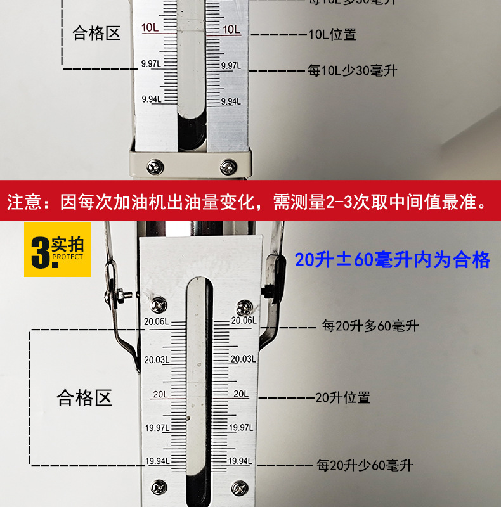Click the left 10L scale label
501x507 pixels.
click(151, 29)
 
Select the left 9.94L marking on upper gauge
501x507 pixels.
click(151, 99)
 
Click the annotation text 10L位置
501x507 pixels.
click(332, 34)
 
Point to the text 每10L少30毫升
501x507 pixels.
click(353, 70)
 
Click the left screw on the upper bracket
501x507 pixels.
click(153, 168)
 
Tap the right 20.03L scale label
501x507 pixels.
click(243, 359)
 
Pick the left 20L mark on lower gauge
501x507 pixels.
click(160, 394)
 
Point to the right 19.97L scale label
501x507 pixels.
click(242, 428)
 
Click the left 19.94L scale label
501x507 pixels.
click(157, 461)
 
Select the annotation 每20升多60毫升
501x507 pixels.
click(370, 326)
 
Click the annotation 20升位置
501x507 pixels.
click(342, 398)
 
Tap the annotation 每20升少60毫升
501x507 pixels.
click(365, 466)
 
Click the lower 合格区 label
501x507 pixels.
click(84, 398)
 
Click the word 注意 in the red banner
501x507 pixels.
click(23, 203)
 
